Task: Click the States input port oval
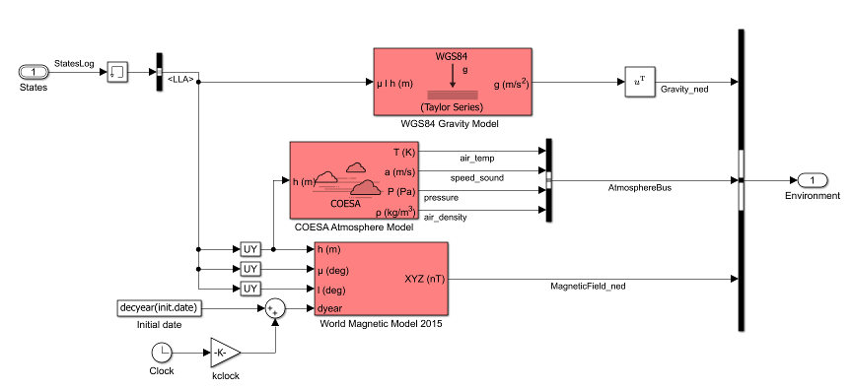(34, 73)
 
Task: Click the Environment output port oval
(811, 180)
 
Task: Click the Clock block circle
(162, 352)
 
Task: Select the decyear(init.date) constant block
(160, 308)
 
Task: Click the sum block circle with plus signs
(276, 308)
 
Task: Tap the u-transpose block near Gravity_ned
(639, 83)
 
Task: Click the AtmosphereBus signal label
(640, 187)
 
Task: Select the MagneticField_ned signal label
(588, 286)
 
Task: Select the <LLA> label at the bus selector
(180, 77)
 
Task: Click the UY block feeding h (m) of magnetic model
(250, 249)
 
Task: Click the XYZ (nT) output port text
(425, 279)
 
